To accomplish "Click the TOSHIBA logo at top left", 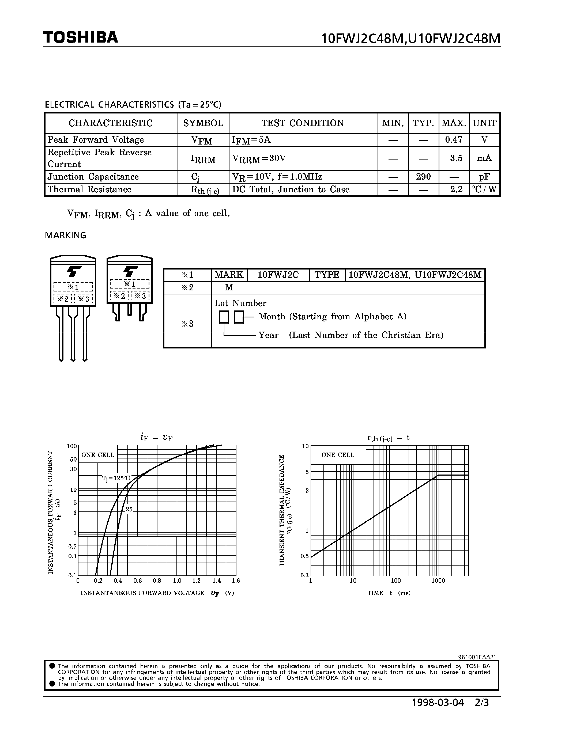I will pos(81,37).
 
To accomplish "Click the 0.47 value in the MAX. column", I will pos(453,139).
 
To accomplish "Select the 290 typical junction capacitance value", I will pos(423,177).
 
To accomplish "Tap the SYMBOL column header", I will pos(203,123).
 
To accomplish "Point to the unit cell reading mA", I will pos(484,158).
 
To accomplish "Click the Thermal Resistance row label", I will pos(89,189).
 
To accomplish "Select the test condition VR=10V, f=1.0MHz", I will pos(277,177).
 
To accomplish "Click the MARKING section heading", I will pos(65,235).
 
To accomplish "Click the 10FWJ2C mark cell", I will pos(278,275).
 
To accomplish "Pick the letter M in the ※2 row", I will pos(229,287).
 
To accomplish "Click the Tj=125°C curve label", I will pos(116,478).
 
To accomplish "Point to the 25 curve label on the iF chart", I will pos(129,510).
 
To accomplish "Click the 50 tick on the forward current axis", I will pos(73,459).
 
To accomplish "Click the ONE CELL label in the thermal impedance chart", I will pos(338,455).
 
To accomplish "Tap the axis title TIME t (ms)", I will pos(389,593).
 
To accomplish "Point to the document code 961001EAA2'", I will pos(476,657).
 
